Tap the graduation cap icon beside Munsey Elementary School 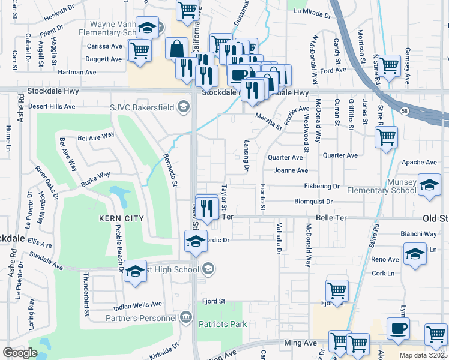429,185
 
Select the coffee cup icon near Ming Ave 398,329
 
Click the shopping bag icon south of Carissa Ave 178,48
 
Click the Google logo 20,352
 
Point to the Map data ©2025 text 423,355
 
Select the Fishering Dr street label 321,187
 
